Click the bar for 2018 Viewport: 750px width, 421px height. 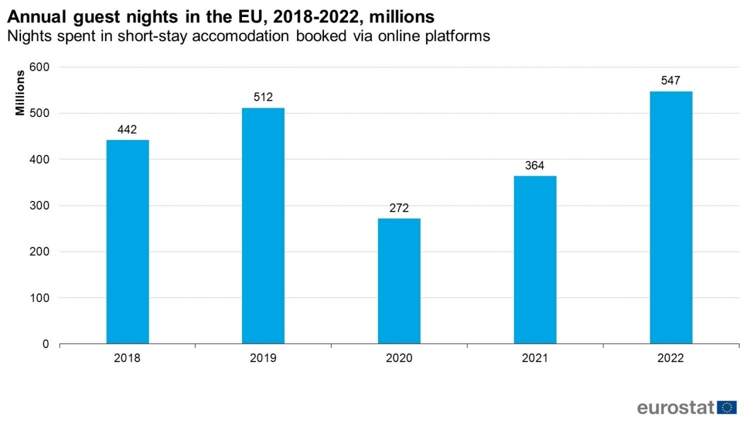128,241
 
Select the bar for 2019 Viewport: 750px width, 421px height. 263,225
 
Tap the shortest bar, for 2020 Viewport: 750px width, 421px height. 399,280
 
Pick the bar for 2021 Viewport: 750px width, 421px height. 535,259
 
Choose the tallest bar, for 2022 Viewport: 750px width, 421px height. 671,217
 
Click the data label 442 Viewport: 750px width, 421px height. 127,130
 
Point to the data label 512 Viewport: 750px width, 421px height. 263,97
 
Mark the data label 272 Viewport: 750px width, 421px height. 399,208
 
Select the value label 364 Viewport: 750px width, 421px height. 534,166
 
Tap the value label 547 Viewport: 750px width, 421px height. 670,81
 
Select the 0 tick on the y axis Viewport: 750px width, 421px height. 45,344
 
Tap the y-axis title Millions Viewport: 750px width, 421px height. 21,93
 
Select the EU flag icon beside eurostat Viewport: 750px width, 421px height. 727,408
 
